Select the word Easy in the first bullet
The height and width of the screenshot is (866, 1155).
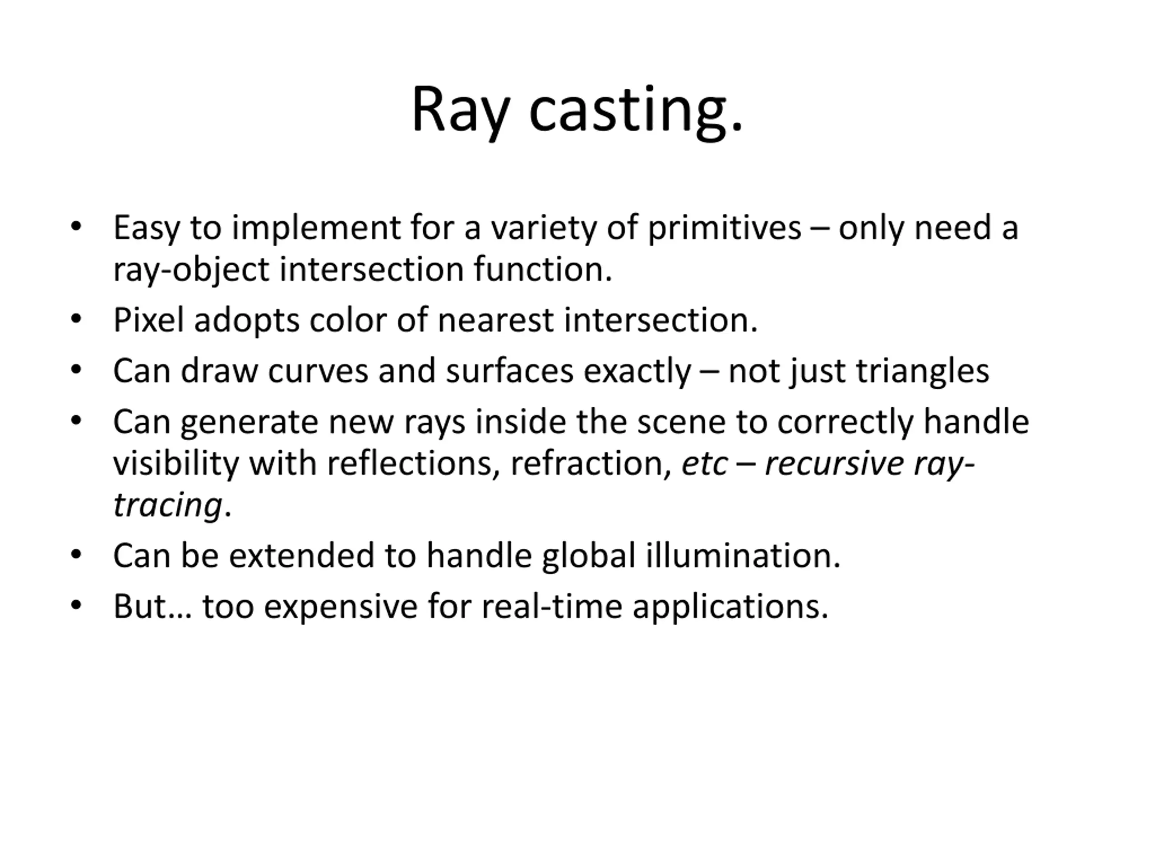[x=147, y=229]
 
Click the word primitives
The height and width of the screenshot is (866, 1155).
[x=724, y=229]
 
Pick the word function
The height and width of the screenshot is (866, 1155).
[x=543, y=269]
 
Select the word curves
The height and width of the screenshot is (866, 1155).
[x=318, y=371]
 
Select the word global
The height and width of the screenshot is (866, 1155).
[x=588, y=555]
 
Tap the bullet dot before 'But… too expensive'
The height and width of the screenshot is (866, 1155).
[x=76, y=605]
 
